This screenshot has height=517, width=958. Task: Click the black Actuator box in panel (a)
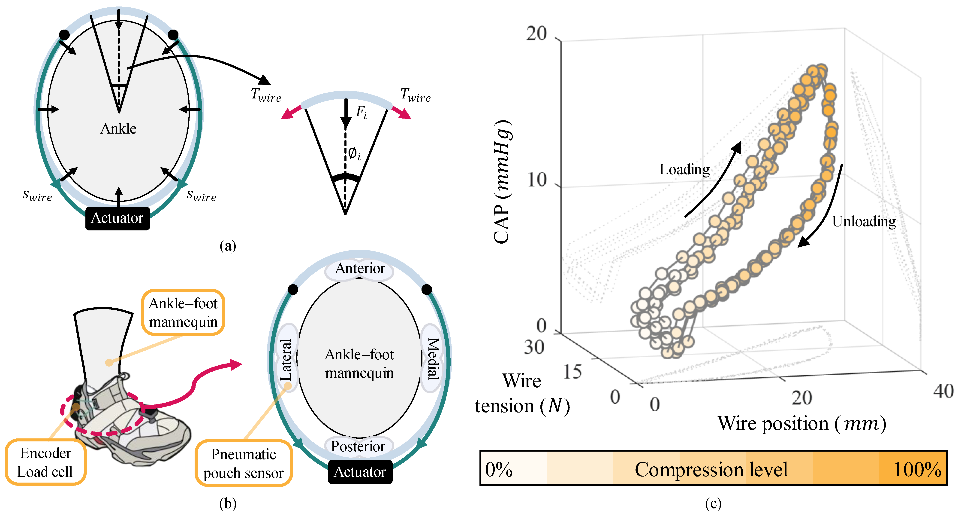click(117, 218)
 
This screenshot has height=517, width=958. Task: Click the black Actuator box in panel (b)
click(360, 472)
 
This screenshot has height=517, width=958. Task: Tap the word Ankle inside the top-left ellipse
click(118, 129)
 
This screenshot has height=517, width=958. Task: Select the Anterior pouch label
click(360, 268)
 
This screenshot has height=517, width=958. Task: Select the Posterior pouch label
click(358, 446)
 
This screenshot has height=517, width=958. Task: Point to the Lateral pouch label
click(286, 360)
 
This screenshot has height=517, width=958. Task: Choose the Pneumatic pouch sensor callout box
click(244, 463)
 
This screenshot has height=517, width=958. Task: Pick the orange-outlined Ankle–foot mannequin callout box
click(183, 313)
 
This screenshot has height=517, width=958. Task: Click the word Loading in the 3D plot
click(684, 170)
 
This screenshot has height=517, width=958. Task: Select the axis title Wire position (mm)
click(801, 424)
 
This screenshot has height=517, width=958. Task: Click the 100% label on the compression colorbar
click(917, 470)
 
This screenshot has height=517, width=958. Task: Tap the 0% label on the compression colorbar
click(499, 470)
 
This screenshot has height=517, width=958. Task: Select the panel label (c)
click(713, 504)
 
